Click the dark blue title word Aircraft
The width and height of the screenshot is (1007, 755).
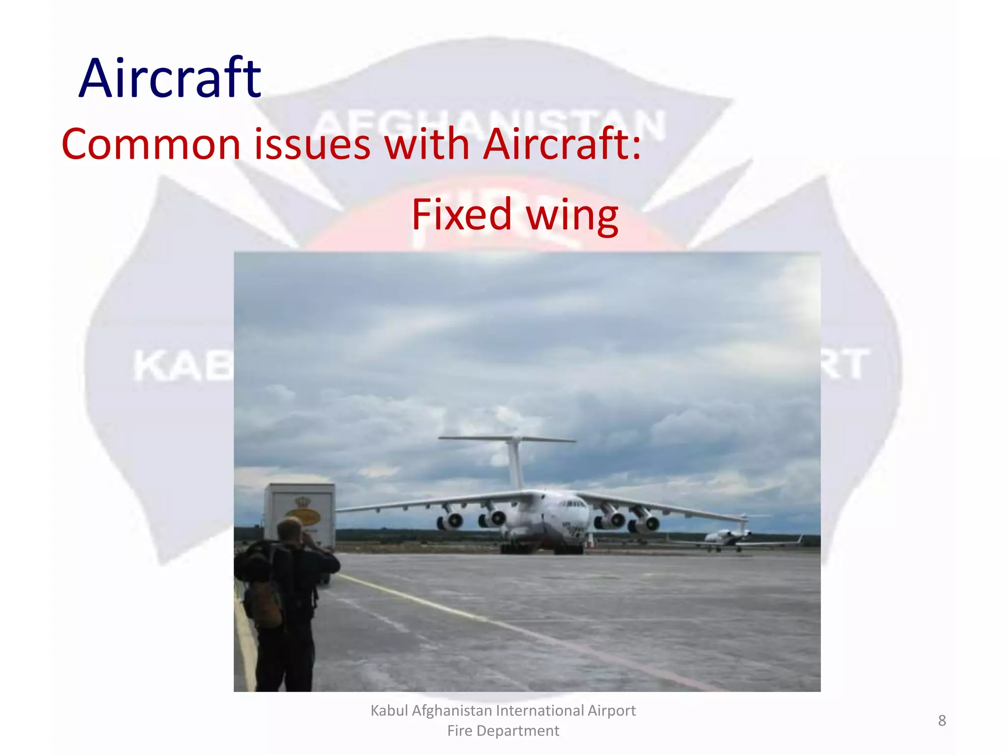(170, 79)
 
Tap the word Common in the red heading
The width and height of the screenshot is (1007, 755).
(150, 144)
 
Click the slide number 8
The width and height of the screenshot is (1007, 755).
(942, 721)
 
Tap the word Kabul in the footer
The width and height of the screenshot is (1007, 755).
(390, 711)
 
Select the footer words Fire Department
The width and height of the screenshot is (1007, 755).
(503, 731)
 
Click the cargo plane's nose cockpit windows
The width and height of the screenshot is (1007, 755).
(573, 504)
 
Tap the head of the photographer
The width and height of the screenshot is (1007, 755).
(290, 530)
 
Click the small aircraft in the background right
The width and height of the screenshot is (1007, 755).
(728, 538)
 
